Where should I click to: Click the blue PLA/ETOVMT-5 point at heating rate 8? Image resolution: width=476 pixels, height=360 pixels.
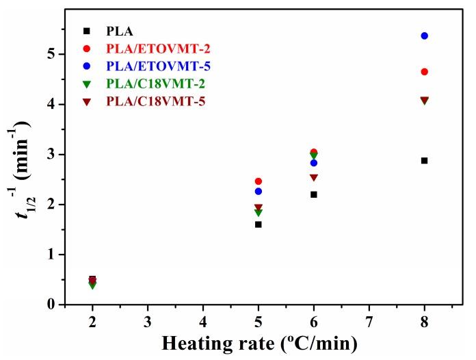click(424, 36)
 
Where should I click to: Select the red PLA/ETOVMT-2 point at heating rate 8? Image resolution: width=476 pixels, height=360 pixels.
click(424, 72)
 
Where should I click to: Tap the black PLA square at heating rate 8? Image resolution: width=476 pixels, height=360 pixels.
click(424, 161)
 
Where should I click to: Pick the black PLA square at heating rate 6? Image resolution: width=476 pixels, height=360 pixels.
click(314, 194)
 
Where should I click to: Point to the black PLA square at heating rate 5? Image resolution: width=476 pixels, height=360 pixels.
click(259, 224)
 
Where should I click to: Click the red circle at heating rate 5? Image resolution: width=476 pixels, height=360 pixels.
click(259, 181)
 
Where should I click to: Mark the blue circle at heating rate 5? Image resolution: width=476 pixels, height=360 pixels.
click(259, 192)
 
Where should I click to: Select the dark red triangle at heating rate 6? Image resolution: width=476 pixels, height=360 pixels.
click(314, 178)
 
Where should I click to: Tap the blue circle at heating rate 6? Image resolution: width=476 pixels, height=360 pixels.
click(314, 163)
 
